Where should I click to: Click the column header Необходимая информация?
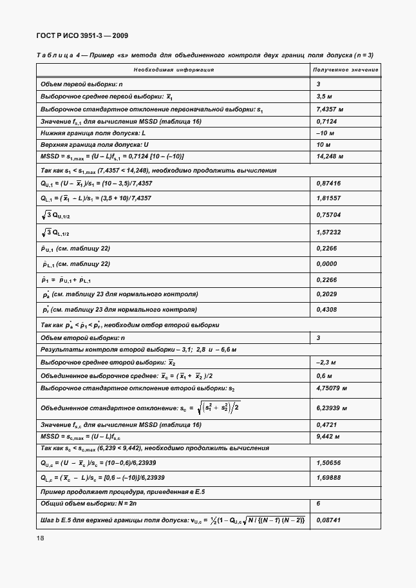pos(173,70)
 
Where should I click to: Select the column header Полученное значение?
pos(345,70)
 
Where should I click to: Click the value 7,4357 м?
pos(330,109)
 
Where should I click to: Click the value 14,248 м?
pos(330,156)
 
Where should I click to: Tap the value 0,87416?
pos(328,184)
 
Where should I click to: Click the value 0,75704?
pos(328,215)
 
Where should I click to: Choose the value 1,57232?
pos(328,232)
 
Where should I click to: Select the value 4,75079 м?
pos(332,388)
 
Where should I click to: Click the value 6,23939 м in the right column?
pos(332,408)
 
